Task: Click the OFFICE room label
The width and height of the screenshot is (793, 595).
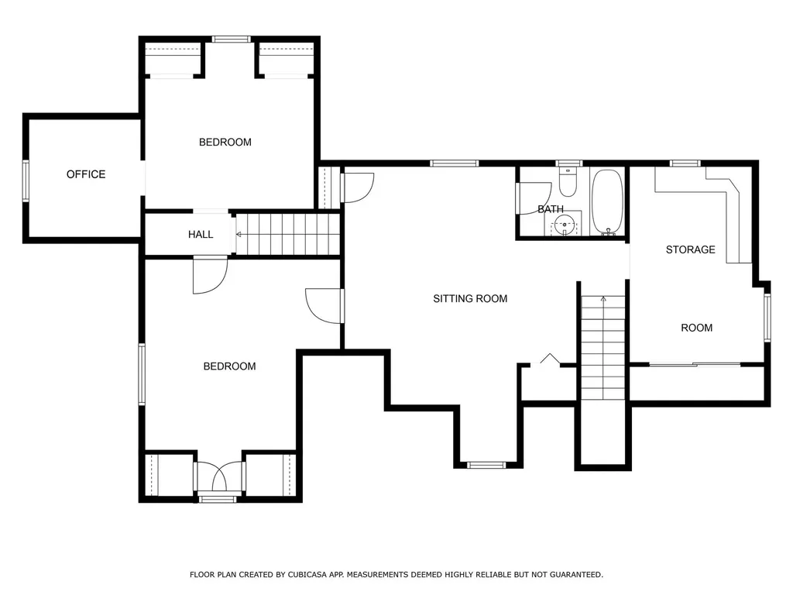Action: (x=86, y=174)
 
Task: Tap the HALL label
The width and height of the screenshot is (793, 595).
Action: (x=201, y=234)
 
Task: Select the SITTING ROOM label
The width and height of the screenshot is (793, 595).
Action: (x=470, y=299)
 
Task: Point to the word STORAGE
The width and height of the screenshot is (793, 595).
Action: (x=690, y=249)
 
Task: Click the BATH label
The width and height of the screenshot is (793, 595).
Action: (x=551, y=209)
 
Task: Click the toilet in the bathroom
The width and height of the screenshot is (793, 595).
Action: (x=568, y=182)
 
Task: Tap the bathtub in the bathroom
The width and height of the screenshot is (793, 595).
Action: (x=607, y=202)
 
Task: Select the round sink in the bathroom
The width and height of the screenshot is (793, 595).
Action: (x=564, y=224)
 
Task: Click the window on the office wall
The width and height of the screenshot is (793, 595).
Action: (x=26, y=181)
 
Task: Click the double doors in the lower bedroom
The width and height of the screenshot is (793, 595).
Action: (x=219, y=476)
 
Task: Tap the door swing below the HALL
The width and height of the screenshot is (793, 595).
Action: (x=211, y=276)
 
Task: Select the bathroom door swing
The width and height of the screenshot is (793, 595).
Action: (x=534, y=198)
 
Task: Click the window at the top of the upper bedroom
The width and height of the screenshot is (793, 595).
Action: (x=231, y=39)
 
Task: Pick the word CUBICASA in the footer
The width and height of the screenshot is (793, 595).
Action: (x=307, y=575)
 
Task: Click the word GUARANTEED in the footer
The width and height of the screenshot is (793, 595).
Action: (x=576, y=575)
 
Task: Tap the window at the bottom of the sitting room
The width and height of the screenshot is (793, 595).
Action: (x=486, y=465)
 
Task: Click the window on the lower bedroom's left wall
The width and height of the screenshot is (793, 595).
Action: (x=142, y=374)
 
